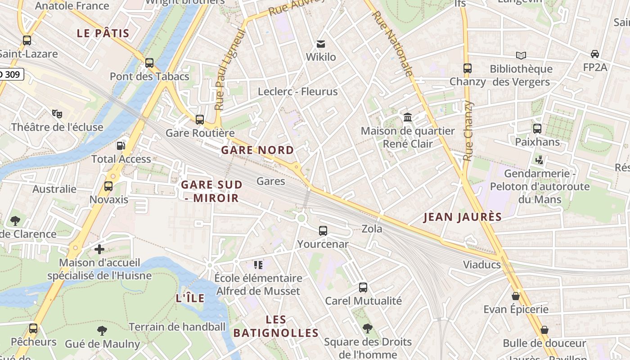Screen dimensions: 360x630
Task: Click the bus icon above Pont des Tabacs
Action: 149,63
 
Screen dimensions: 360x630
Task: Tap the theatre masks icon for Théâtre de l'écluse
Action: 57,113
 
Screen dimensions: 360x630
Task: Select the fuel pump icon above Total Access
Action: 121,145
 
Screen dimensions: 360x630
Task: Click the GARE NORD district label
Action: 257,150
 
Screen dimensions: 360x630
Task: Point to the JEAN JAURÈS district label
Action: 463,217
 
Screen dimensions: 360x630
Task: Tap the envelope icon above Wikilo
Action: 321,44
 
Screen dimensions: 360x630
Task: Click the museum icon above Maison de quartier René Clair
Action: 408,117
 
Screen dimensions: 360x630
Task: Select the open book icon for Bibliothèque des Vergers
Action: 521,55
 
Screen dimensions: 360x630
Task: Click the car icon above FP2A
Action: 595,54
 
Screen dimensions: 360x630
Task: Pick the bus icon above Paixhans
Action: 537,129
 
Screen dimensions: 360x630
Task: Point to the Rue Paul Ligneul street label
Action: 230,70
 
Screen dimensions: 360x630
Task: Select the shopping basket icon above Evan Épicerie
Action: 516,296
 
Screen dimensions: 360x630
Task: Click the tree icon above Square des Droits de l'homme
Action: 368,328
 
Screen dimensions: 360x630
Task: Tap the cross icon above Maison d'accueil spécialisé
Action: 99,249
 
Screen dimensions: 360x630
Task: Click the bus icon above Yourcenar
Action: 323,231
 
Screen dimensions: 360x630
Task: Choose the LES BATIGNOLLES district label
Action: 276,326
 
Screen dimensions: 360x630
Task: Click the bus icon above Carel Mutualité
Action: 363,287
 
